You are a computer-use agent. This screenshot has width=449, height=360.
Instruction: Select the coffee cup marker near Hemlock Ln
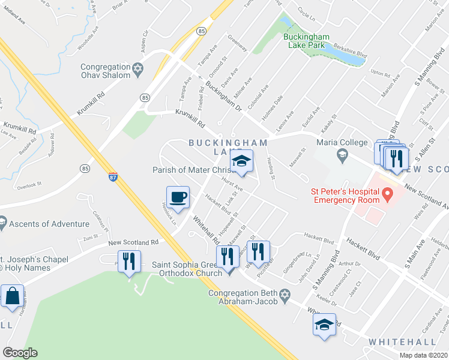click(x=178, y=197)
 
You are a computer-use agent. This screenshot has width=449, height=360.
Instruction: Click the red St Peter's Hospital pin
click(x=387, y=194)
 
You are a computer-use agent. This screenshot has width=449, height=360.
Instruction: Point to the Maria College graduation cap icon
click(x=342, y=155)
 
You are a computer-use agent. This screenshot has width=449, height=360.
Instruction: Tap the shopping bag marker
click(x=12, y=296)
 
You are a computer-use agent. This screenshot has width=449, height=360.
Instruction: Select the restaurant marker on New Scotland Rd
click(x=130, y=262)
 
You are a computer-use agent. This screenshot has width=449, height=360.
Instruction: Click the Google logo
click(x=20, y=353)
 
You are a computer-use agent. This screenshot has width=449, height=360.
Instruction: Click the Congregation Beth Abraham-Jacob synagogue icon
click(x=285, y=293)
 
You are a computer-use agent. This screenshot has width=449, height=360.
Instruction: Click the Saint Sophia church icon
click(x=229, y=271)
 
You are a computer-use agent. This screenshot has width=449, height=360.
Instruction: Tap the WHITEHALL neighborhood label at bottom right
click(x=402, y=341)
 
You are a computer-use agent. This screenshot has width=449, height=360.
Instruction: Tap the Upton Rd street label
click(x=381, y=73)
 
